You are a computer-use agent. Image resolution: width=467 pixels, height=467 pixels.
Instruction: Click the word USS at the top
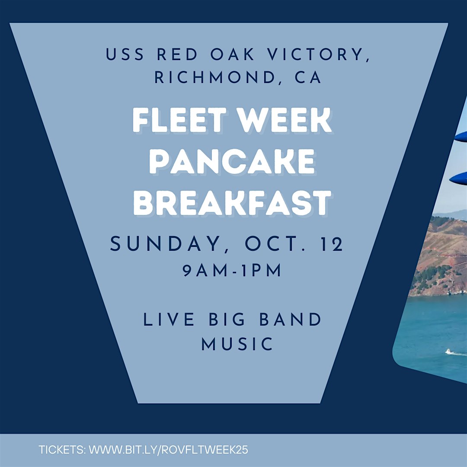(125, 54)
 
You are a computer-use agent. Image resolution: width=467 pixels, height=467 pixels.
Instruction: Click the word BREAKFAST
(232, 203)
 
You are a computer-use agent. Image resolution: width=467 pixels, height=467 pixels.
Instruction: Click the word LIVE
(169, 320)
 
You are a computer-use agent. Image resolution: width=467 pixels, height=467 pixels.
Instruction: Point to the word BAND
(291, 320)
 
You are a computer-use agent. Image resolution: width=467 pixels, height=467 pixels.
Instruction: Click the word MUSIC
(237, 344)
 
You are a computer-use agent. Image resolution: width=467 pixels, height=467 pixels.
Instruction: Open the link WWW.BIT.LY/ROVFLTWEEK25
(169, 450)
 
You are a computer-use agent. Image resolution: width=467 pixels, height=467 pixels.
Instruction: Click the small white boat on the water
(448, 352)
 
